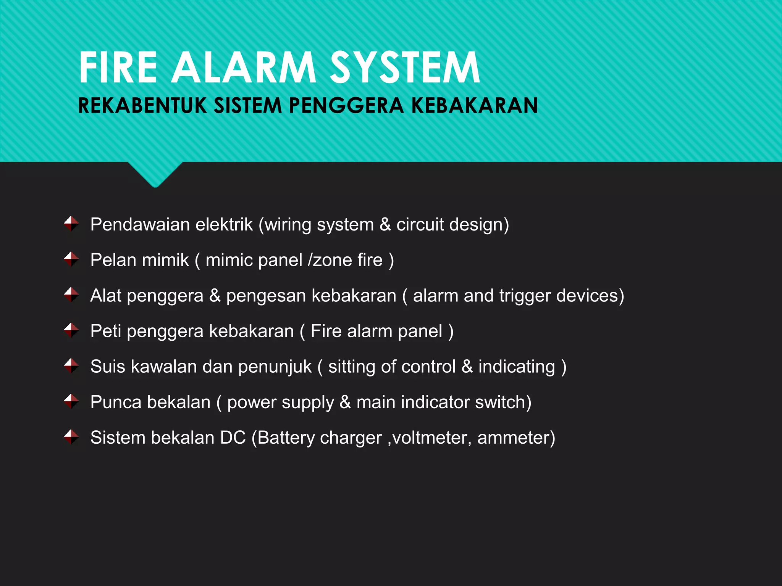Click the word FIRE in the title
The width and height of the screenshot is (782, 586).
[x=118, y=68]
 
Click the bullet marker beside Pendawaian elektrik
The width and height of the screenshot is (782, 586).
[x=71, y=224]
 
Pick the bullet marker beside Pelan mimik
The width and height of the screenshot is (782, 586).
[x=71, y=259]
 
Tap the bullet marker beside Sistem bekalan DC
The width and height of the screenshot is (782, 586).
[x=71, y=437]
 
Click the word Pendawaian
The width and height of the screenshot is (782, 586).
[x=140, y=224]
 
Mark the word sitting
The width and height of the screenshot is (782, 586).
[x=351, y=367]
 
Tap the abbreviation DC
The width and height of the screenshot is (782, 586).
[x=233, y=438]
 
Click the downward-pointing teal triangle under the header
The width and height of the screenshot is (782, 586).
[x=155, y=174]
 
